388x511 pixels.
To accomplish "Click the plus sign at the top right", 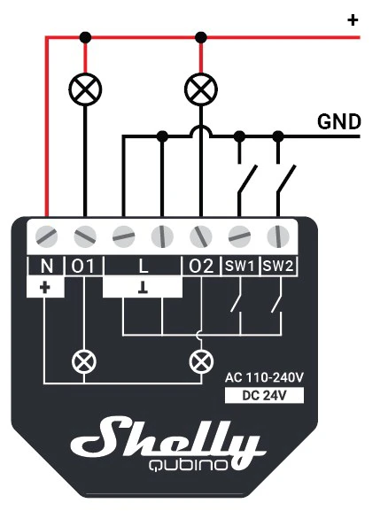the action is pyautogui.click(x=353, y=20).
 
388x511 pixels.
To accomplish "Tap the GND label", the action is pyautogui.click(x=339, y=122).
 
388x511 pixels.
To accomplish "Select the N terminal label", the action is pyautogui.click(x=47, y=266).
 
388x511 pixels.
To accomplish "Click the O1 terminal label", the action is pyautogui.click(x=82, y=266).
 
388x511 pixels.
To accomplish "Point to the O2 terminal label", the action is pyautogui.click(x=201, y=266).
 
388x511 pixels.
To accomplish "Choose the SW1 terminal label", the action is pyautogui.click(x=240, y=266).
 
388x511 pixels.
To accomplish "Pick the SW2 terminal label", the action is pyautogui.click(x=278, y=266).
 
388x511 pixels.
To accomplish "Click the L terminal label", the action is pyautogui.click(x=144, y=266).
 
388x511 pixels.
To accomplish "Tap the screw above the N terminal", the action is pyautogui.click(x=46, y=236).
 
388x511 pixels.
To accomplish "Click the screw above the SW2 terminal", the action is pyautogui.click(x=278, y=236).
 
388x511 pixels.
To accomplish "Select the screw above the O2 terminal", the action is pyautogui.click(x=201, y=236).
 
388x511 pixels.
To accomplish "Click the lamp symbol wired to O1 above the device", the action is pyautogui.click(x=85, y=89).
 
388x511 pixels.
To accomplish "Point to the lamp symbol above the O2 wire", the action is pyautogui.click(x=201, y=89).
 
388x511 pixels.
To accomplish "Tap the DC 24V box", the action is pyautogui.click(x=264, y=395).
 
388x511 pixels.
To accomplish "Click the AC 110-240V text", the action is pyautogui.click(x=264, y=377).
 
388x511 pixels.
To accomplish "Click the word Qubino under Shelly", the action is pyautogui.click(x=188, y=465).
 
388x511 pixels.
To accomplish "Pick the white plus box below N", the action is pyautogui.click(x=45, y=287).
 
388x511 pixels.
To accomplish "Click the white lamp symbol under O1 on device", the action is pyautogui.click(x=84, y=361).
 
